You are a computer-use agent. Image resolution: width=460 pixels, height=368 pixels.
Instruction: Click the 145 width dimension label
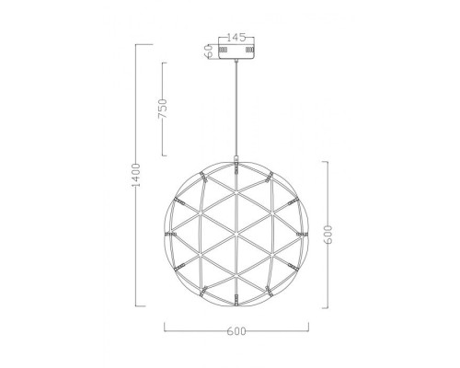[x=238, y=38]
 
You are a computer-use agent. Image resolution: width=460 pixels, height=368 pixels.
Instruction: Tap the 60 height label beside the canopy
[x=211, y=52]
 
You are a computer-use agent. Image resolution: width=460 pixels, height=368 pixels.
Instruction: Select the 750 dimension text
[x=163, y=109]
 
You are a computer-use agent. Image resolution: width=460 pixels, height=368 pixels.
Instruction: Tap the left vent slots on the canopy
[x=224, y=52]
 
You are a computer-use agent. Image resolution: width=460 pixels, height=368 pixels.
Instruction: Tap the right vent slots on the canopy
[x=253, y=52]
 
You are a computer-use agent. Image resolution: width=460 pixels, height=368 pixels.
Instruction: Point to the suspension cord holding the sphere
[x=238, y=110]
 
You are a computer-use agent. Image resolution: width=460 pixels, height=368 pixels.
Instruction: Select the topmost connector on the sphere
[x=238, y=169]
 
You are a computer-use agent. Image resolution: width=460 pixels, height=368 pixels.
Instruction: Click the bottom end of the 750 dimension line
[x=164, y=154]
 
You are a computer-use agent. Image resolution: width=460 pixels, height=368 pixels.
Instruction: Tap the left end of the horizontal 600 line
[x=166, y=329]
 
